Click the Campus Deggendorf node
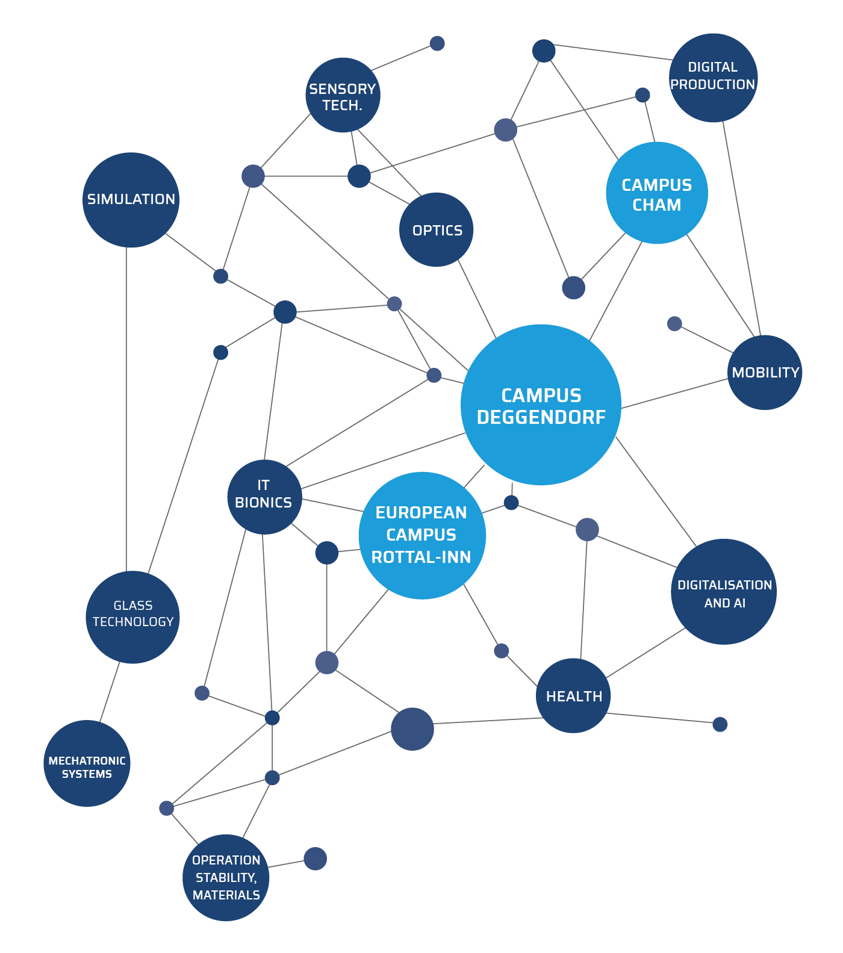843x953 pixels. pyautogui.click(x=541, y=405)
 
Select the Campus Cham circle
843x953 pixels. pyautogui.click(x=656, y=193)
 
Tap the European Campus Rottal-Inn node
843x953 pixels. pyautogui.click(x=421, y=535)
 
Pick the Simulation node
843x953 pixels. pyautogui.click(x=131, y=200)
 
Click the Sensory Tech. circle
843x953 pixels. pyautogui.click(x=343, y=95)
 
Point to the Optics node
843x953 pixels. pyautogui.click(x=436, y=229)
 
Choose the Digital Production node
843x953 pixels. pyautogui.click(x=713, y=78)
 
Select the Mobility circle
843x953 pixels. pyautogui.click(x=765, y=373)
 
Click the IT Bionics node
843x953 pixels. pyautogui.click(x=264, y=497)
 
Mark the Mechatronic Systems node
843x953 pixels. pyautogui.click(x=87, y=763)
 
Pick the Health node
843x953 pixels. pyautogui.click(x=573, y=695)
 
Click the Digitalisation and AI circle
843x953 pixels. pyautogui.click(x=724, y=592)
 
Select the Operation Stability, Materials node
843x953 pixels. pyautogui.click(x=226, y=877)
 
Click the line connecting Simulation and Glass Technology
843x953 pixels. pyautogui.click(x=126, y=409)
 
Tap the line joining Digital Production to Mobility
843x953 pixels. pyautogui.click(x=742, y=229)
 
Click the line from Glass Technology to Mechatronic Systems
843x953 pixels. pyautogui.click(x=110, y=692)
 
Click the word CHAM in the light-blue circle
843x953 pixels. pyautogui.click(x=656, y=205)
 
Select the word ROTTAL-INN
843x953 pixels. pyautogui.click(x=421, y=557)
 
